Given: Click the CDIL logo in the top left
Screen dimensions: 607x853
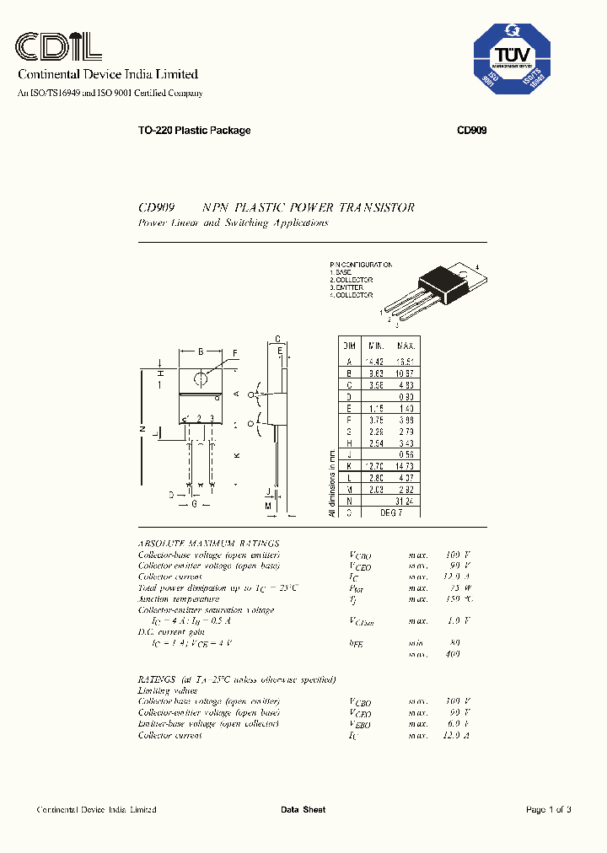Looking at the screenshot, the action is [x=60, y=45].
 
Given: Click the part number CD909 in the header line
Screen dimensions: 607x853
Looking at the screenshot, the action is [x=472, y=131].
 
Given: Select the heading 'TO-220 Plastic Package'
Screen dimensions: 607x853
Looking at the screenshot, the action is [x=194, y=131].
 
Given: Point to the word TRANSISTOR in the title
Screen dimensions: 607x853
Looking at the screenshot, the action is [x=377, y=207].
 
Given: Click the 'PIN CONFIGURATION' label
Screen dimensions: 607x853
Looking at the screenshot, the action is [x=361, y=265].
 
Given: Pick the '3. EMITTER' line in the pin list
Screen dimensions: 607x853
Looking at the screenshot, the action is [x=347, y=287].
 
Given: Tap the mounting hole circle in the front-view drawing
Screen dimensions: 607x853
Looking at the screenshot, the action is [x=201, y=377].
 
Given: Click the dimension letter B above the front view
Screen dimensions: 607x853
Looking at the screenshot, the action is [x=201, y=351].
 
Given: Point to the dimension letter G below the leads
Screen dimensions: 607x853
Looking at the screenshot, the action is [x=195, y=504].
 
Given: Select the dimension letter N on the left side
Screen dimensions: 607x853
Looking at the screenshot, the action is [x=140, y=428].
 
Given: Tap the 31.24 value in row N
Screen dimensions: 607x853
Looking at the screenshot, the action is [x=406, y=500].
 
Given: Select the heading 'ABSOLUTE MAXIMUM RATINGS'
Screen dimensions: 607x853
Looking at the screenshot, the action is [x=208, y=544].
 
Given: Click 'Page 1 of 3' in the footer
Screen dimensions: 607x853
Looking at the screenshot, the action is [x=548, y=810].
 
